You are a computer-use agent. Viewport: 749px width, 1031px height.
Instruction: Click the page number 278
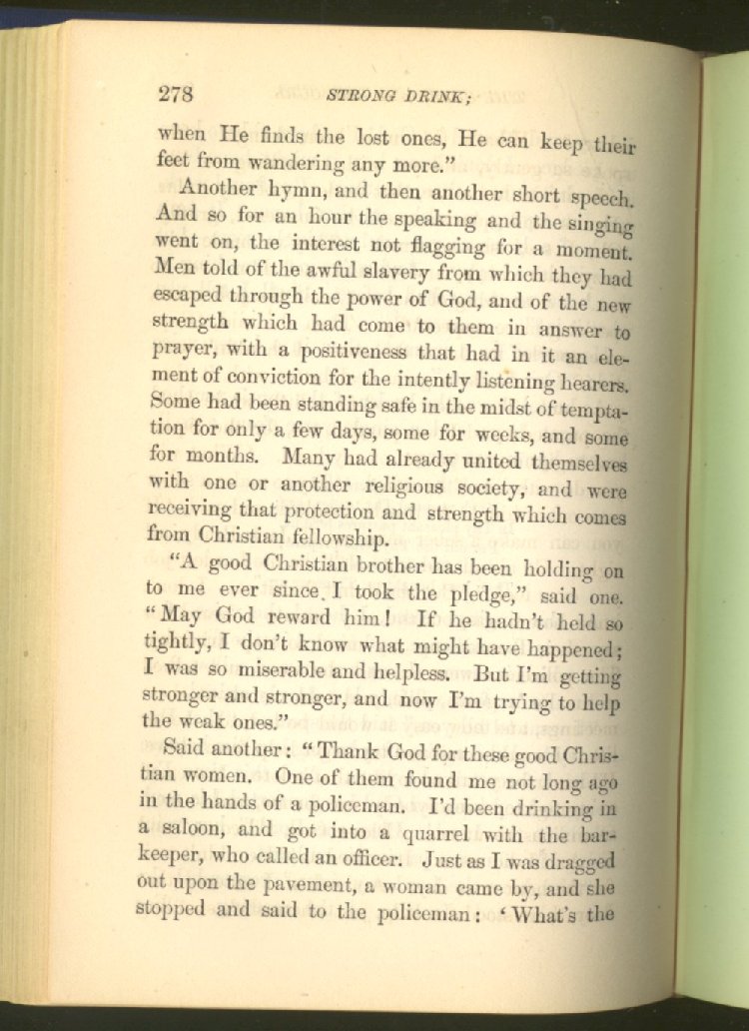tap(175, 95)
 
